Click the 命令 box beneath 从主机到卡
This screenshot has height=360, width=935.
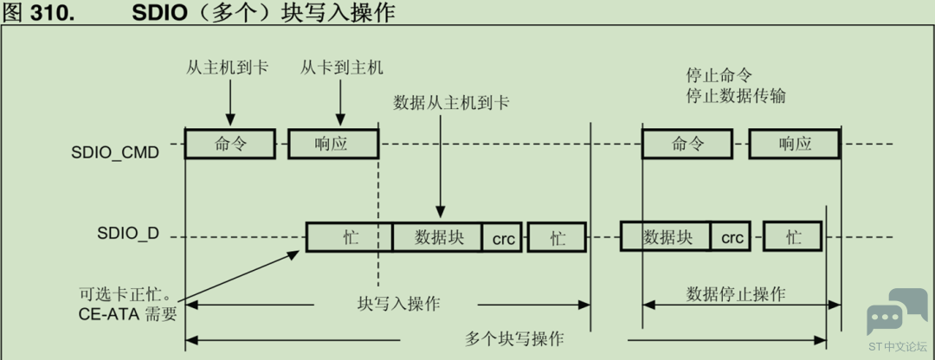[x=230, y=144]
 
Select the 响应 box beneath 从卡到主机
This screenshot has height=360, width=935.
[x=332, y=144]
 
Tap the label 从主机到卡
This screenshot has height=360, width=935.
[x=228, y=67]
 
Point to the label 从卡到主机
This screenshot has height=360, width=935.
[x=342, y=67]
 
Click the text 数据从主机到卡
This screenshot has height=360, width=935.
[x=451, y=102]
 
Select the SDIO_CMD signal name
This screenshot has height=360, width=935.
[x=115, y=152]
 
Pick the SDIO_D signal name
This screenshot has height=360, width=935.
[x=128, y=235]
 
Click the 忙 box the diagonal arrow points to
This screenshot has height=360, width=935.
[x=349, y=236]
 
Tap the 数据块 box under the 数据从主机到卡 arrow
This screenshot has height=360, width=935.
[x=439, y=236]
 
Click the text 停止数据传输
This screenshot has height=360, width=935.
[x=736, y=95]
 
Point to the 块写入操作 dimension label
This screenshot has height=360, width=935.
[x=399, y=304]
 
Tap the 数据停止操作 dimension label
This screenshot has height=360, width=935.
[x=736, y=293]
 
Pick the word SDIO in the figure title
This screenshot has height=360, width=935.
[x=160, y=14]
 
